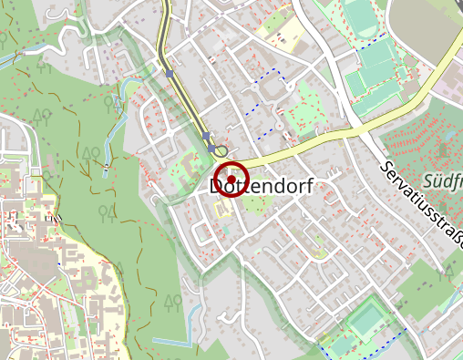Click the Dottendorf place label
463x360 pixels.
tap(262, 187)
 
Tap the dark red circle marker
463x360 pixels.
tap(231, 180)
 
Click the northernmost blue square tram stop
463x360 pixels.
tap(169, 73)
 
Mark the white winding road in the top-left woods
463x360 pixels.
tap(55, 36)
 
